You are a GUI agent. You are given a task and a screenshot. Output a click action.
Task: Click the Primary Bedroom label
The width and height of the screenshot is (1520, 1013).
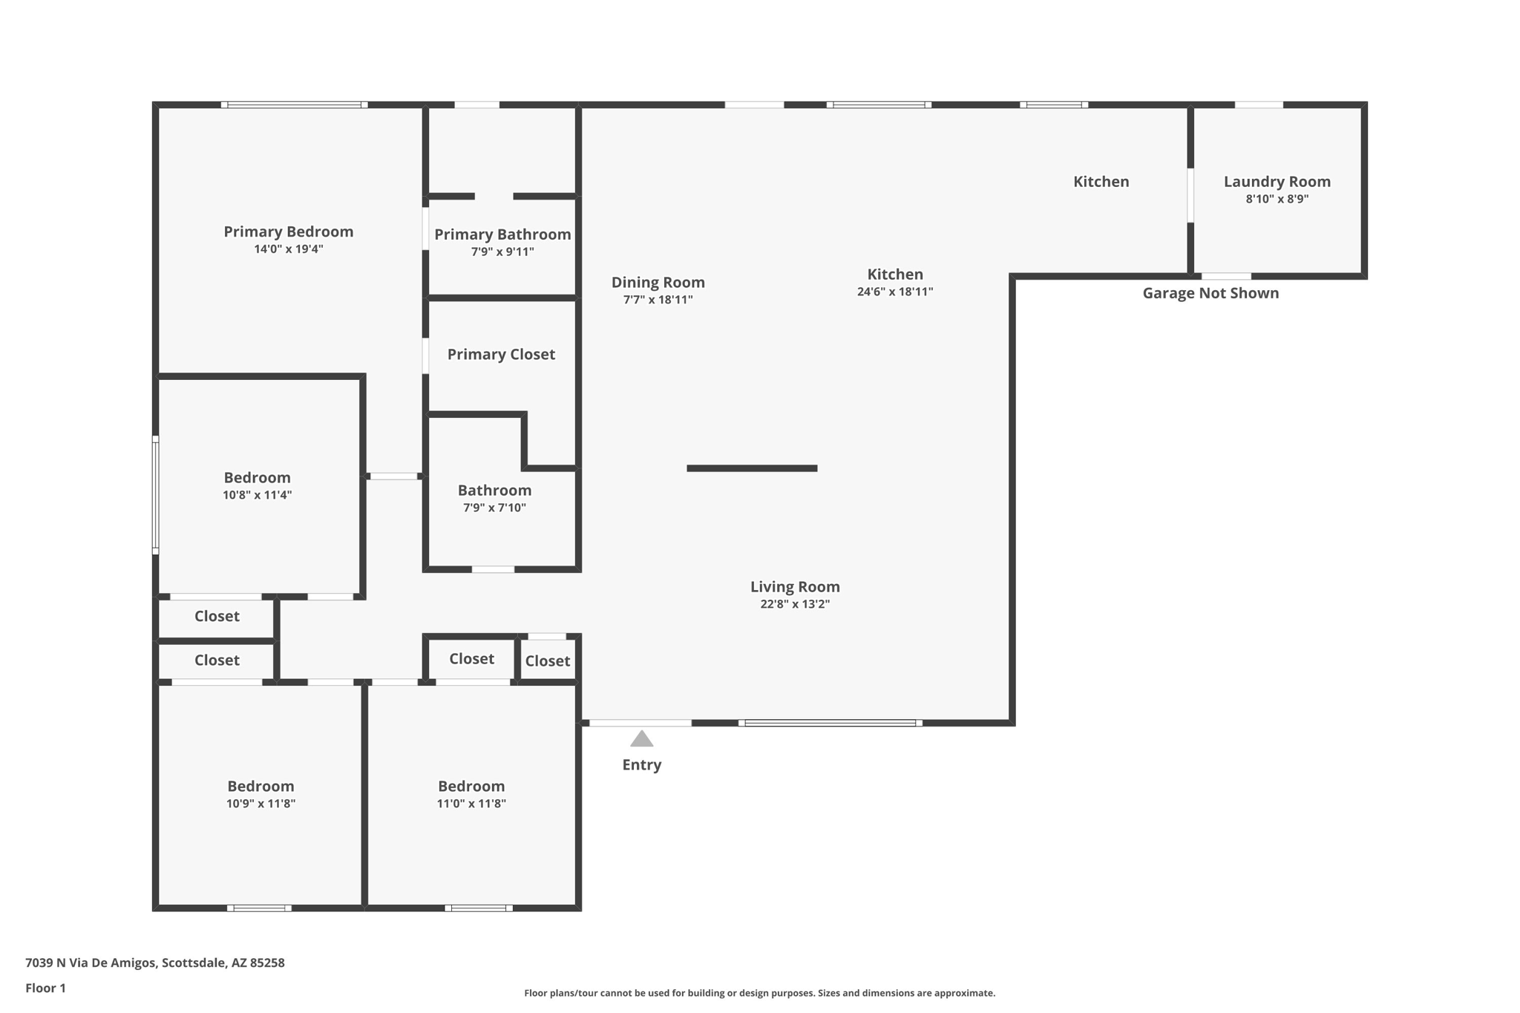click(x=288, y=232)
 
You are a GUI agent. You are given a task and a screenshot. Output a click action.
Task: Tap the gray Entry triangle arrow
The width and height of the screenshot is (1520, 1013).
click(x=641, y=739)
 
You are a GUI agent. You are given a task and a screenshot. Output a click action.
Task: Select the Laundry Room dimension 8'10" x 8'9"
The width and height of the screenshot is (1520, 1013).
click(x=1277, y=199)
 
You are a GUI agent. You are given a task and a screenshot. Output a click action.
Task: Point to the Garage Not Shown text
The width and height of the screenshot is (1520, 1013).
click(x=1210, y=293)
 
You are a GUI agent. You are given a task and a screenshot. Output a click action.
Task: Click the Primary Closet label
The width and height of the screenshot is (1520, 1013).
click(x=501, y=355)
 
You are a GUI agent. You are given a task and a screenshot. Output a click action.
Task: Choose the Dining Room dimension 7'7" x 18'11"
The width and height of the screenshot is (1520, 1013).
click(x=658, y=300)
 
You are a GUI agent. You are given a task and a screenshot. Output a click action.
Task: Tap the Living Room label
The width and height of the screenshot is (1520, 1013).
click(x=794, y=587)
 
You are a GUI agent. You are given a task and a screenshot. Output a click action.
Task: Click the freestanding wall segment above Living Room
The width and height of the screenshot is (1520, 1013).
click(x=751, y=468)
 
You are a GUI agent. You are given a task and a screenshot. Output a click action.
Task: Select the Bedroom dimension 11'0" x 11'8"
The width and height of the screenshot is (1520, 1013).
click(x=471, y=804)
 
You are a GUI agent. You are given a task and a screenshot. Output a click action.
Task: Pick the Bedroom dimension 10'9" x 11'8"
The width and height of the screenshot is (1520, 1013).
click(x=261, y=804)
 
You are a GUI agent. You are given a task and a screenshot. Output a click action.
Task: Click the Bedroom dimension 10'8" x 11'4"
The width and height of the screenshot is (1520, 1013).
click(x=257, y=495)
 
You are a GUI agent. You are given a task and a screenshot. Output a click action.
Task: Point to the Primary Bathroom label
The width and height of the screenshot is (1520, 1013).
click(x=502, y=235)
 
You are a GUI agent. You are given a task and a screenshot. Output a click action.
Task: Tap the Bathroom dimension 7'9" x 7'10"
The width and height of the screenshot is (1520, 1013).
click(x=494, y=508)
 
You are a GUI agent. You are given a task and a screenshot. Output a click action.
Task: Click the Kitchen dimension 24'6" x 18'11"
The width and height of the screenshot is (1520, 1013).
click(x=894, y=292)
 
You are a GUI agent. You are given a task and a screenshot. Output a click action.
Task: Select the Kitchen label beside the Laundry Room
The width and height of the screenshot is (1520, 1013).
click(x=1101, y=182)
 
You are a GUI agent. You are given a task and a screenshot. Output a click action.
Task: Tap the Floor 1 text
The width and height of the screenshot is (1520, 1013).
click(x=45, y=988)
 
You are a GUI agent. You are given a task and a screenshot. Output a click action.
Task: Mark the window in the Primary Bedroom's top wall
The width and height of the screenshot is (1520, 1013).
click(x=294, y=105)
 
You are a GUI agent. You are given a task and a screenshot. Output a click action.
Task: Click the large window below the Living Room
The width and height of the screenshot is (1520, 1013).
click(x=830, y=723)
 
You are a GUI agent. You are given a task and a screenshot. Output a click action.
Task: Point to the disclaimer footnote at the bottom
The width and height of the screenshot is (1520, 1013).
click(x=759, y=993)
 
